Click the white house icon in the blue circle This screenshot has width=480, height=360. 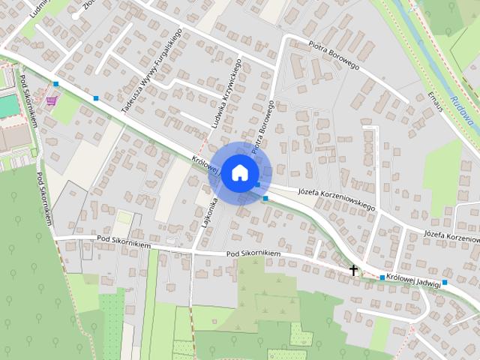238,172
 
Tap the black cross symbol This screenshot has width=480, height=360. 353,268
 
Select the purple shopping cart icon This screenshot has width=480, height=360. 51,100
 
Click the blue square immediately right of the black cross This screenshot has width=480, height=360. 382,278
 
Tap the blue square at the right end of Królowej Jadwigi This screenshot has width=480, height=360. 445,283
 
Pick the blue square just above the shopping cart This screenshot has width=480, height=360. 55,84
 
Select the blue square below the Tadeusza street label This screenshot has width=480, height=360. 96,98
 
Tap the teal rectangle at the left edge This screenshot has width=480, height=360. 7,106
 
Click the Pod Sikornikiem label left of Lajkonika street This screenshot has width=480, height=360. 124,243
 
